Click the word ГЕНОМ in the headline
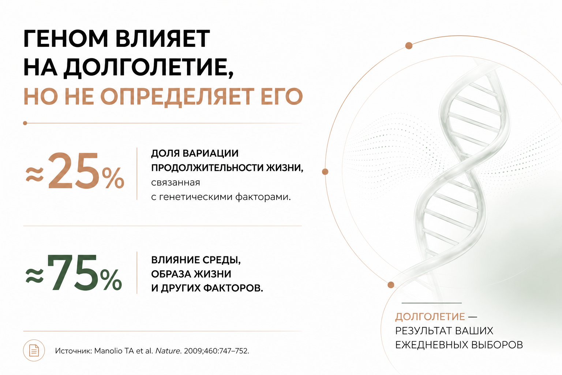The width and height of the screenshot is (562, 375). (x=66, y=38)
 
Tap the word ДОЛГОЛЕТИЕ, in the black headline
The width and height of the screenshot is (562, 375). (x=149, y=67)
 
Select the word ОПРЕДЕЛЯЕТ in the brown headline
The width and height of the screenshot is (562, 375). (x=177, y=96)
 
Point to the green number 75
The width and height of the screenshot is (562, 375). (x=72, y=273)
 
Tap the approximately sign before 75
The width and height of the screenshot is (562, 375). (x=35, y=276)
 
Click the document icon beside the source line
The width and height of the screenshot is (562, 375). (x=34, y=350)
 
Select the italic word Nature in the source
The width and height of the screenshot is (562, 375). (x=168, y=350)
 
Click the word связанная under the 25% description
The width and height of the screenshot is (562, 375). (x=175, y=183)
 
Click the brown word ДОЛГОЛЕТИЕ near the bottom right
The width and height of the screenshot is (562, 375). (x=430, y=317)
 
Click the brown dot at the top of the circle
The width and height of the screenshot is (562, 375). (x=409, y=46)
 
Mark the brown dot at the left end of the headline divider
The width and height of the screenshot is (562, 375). (x=25, y=123)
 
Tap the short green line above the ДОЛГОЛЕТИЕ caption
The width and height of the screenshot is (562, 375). (x=431, y=303)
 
